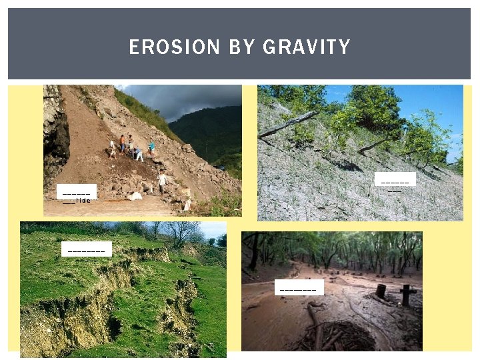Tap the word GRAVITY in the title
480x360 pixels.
[307, 47]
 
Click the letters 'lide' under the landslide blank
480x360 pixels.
[83, 200]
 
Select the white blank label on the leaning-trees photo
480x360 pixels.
[395, 179]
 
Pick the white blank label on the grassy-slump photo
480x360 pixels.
[87, 249]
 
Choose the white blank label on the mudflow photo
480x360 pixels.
[299, 287]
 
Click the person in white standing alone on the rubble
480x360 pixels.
[163, 181]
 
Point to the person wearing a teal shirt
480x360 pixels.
[152, 147]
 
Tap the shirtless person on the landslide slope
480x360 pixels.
[122, 142]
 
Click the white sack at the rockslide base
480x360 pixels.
[136, 196]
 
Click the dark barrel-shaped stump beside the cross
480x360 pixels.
[381, 291]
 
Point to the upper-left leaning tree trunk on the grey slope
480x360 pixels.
[289, 124]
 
